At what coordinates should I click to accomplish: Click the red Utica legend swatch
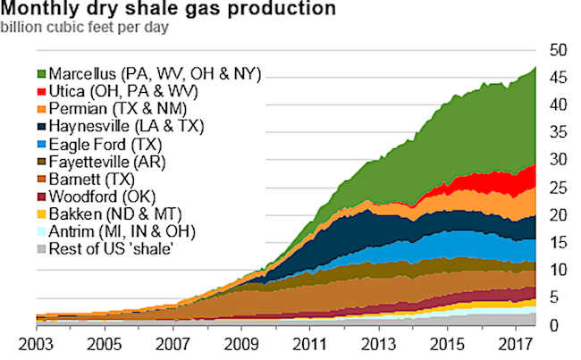coord(43,91)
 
